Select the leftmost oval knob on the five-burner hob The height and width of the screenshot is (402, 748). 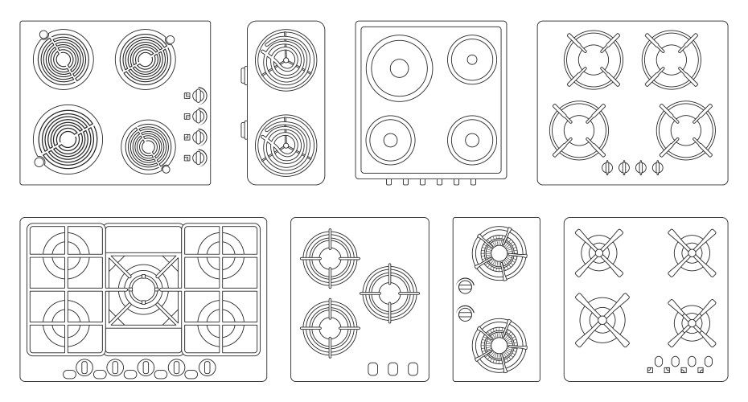pos(83,368)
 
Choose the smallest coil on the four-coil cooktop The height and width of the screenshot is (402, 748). pos(148,146)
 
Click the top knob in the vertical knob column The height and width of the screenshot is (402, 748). pos(200,95)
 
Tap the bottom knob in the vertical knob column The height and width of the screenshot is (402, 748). pos(200,156)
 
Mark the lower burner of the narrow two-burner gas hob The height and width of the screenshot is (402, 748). pos(499,341)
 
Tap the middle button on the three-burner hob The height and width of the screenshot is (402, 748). pos(393,369)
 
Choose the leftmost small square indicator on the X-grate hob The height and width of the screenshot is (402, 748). pos(650,371)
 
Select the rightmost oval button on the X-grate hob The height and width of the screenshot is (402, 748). pos(709,360)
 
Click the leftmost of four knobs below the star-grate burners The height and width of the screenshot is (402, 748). pos(607,167)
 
